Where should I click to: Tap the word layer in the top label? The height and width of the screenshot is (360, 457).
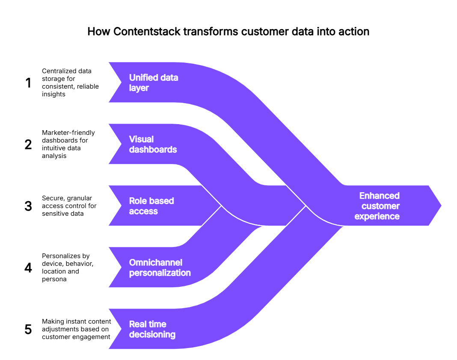tap(139, 88)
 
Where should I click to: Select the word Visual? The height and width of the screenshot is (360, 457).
tap(141, 140)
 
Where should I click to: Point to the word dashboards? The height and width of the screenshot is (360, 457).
tap(153, 150)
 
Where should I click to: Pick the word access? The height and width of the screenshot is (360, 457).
tap(143, 211)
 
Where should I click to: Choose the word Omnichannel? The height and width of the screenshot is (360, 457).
tap(155, 263)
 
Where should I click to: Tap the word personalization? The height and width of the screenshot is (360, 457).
tap(160, 273)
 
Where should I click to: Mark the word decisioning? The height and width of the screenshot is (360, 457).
tap(152, 335)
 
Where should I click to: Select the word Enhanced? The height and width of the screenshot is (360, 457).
tap(379, 196)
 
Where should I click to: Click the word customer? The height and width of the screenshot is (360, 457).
tap(380, 206)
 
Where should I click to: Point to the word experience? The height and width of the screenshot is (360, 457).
tap(377, 217)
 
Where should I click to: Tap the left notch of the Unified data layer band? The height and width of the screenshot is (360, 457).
tap(120, 82)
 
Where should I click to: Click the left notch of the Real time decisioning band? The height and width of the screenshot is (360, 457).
tap(120, 329)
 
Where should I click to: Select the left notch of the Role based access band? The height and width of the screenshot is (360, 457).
tap(120, 205)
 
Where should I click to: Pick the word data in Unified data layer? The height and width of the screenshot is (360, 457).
tap(169, 78)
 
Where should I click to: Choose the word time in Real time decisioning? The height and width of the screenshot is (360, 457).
tap(157, 324)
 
